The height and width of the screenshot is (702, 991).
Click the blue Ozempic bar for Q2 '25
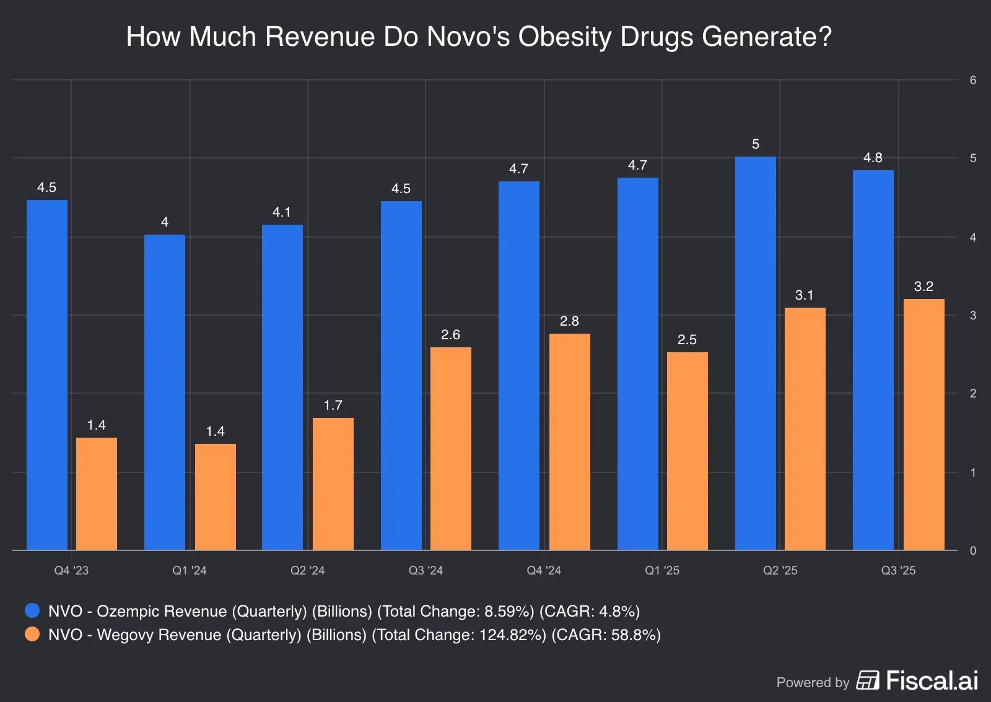(755, 353)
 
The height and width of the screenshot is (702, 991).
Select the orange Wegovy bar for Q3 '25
(923, 424)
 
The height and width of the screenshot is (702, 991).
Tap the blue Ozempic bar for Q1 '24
(165, 392)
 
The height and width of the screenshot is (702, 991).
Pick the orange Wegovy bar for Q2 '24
(333, 483)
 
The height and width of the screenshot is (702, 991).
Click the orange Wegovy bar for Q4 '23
(97, 493)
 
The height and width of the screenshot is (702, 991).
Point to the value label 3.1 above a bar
(804, 295)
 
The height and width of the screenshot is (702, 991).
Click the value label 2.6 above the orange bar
(450, 335)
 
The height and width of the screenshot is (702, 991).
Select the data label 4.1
(282, 212)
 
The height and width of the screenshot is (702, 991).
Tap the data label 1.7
(333, 405)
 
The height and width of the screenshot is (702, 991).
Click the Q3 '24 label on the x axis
(426, 570)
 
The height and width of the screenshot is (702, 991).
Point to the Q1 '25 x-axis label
(661, 570)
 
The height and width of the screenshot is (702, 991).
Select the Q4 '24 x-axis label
(544, 570)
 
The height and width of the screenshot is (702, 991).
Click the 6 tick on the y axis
(973, 80)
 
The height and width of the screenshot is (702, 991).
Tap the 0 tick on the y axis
(973, 550)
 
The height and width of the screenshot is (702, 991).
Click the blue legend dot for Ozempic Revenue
(32, 611)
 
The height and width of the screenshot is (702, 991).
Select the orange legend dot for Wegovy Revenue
(32, 635)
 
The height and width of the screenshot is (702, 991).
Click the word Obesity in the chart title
(565, 37)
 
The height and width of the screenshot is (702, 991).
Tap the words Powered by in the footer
(813, 682)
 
